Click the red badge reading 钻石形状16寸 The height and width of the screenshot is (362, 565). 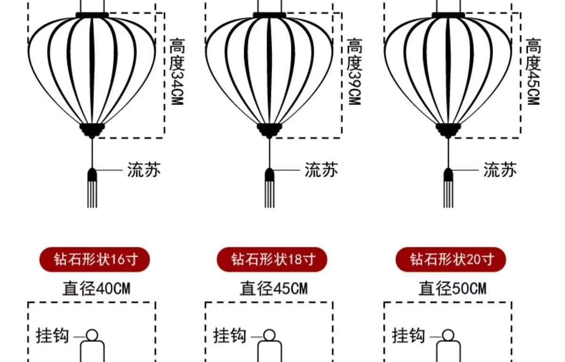(95, 259)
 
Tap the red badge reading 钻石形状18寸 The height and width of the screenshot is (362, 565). (272, 259)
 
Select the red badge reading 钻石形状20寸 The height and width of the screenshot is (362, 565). (451, 259)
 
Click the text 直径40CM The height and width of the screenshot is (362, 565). (96, 288)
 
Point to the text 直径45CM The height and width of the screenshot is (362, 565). (274, 288)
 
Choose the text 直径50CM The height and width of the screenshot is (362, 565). (452, 288)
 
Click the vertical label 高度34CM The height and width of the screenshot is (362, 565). (176, 72)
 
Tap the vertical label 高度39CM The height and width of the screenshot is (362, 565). (354, 72)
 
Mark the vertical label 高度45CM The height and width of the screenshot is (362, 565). (533, 72)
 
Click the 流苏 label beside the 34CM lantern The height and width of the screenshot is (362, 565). (144, 170)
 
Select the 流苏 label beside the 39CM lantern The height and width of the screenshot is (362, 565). (321, 170)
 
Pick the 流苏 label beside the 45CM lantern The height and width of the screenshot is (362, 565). (500, 170)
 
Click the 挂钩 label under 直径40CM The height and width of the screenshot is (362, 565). (53, 336)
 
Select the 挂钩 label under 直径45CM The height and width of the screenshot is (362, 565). (230, 336)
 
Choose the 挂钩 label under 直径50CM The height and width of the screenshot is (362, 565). (409, 336)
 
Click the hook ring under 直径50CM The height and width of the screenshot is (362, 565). (448, 335)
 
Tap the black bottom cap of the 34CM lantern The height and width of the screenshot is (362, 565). (92, 130)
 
